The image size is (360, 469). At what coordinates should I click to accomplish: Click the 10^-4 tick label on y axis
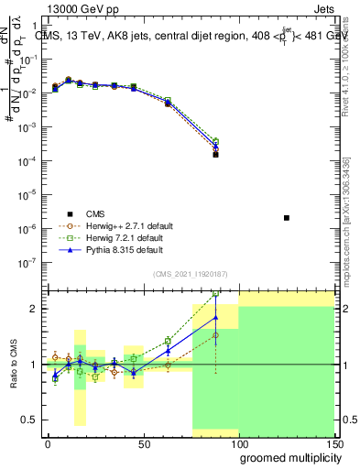[28, 161]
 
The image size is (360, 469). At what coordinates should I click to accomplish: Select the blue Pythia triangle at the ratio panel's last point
[215, 318]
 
